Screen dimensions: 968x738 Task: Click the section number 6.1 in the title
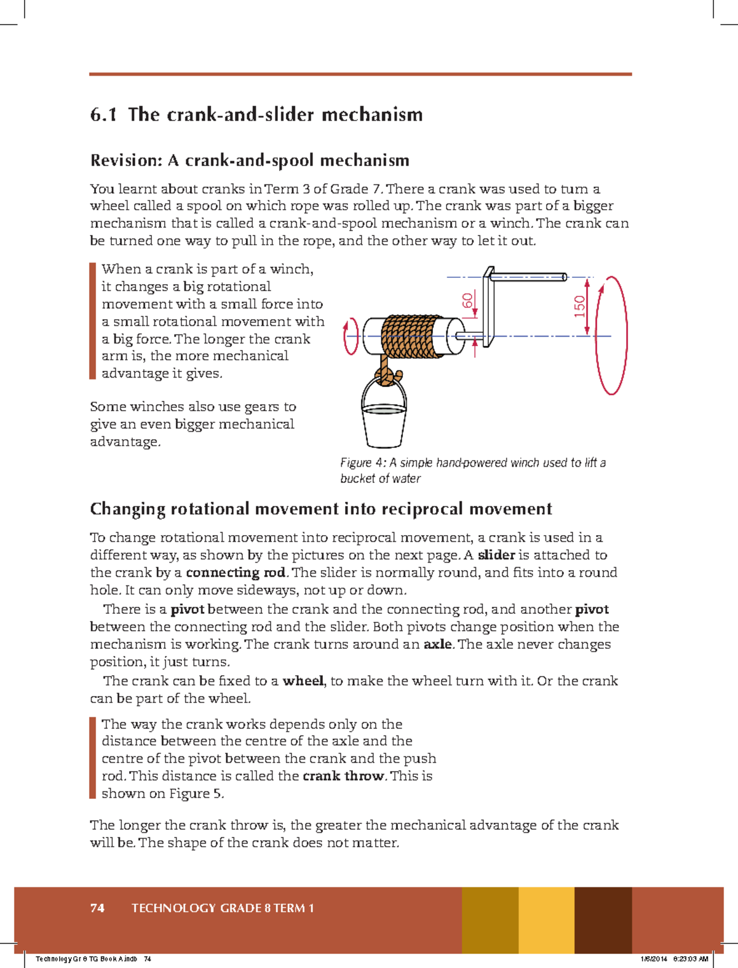103,115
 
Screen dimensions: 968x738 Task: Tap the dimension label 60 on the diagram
468,301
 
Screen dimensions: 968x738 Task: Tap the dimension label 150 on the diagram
579,306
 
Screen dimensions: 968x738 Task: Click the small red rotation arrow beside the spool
351,336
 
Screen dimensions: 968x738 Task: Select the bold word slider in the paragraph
496,555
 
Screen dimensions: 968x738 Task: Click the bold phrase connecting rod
236,573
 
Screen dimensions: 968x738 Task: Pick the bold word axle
437,645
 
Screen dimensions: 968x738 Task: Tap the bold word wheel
303,681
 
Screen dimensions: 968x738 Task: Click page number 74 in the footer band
97,908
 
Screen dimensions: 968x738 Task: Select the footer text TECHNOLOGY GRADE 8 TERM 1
223,908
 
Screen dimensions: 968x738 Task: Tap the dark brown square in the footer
603,920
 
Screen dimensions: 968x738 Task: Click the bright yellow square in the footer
546,920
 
